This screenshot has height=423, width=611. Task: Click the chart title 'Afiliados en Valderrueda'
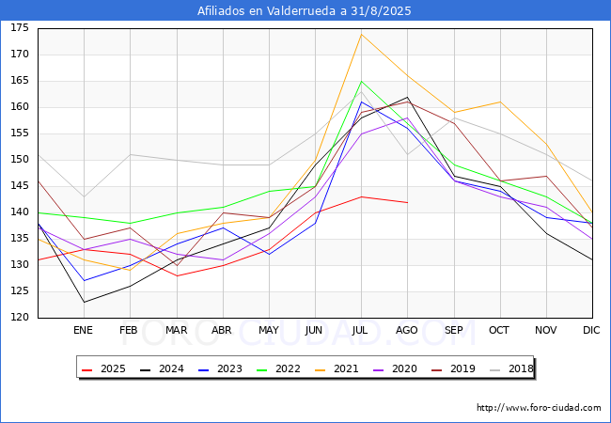266,10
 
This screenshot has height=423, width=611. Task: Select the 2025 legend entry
104,368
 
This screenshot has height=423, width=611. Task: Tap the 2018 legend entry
511,368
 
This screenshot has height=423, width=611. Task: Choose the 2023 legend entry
221,368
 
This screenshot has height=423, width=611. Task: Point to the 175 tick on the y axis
20,27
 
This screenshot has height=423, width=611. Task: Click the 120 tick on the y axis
20,317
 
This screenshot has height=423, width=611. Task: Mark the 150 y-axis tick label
20,159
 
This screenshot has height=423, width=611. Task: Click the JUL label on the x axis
360,330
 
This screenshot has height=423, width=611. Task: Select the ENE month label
83,330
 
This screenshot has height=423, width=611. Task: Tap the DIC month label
591,330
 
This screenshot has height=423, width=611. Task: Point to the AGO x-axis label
407,330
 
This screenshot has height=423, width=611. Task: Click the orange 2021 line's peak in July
362,34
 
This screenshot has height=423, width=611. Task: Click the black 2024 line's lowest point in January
85,302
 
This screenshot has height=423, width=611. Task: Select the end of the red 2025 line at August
408,202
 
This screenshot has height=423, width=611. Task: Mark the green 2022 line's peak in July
362,82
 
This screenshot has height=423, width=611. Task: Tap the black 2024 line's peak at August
408,97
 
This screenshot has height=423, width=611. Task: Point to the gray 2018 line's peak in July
362,91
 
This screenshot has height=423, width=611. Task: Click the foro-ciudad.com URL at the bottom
539,408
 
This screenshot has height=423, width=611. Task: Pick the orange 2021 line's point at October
500,102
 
